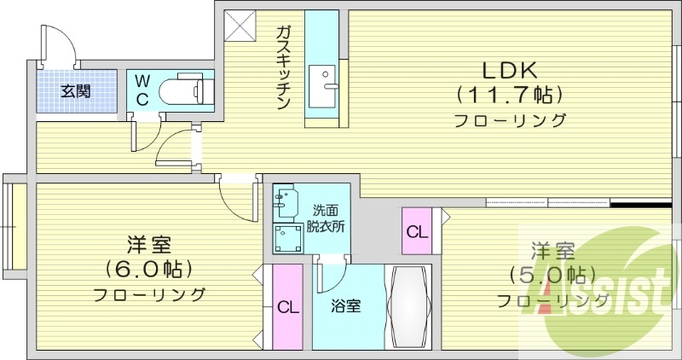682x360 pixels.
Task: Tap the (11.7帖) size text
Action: click(x=509, y=93)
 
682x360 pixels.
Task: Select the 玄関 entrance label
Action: click(x=75, y=90)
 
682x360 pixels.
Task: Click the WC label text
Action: click(x=142, y=90)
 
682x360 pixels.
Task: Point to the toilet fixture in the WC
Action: click(x=184, y=89)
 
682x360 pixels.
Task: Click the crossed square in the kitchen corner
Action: click(x=238, y=25)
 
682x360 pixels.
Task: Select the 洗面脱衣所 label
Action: click(x=328, y=218)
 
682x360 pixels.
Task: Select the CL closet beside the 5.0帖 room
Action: click(x=417, y=231)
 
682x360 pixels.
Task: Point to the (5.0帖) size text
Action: click(x=552, y=275)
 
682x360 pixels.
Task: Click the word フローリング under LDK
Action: click(x=509, y=120)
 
